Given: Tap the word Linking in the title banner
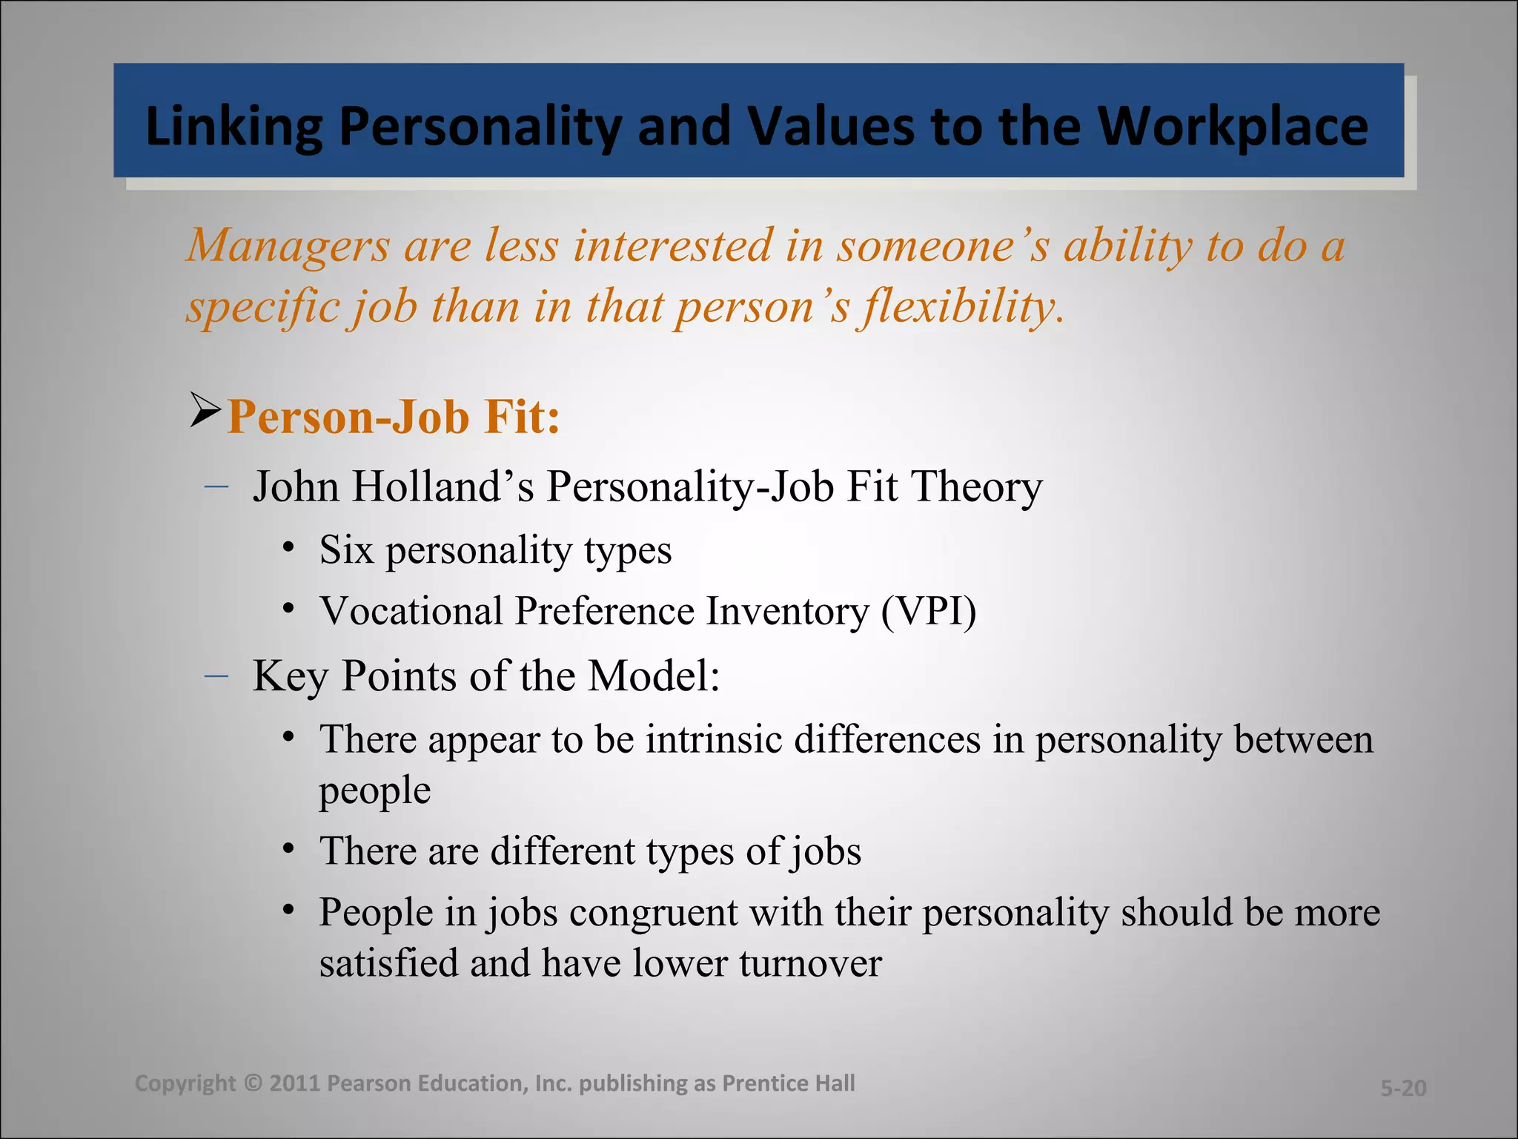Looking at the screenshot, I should click(x=234, y=127).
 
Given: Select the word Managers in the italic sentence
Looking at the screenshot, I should click(x=288, y=246).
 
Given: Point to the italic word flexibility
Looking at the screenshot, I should click(x=961, y=307).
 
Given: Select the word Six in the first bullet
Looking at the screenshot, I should click(x=346, y=550).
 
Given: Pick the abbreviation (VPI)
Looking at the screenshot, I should click(x=929, y=612).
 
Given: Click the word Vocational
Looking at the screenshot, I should click(x=411, y=612).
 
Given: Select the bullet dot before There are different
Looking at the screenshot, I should click(x=289, y=847).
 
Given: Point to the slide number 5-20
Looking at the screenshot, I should click(x=1403, y=1088).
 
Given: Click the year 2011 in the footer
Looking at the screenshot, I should click(x=294, y=1083).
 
